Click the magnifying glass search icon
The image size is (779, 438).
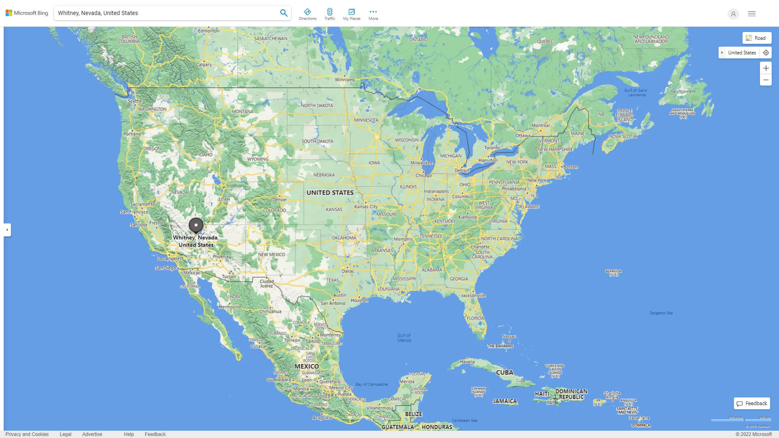[x=284, y=13]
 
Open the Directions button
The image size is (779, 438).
[x=308, y=14]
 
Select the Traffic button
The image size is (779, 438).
[x=330, y=14]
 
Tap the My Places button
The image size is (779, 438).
[x=351, y=14]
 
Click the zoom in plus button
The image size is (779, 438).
[x=766, y=68]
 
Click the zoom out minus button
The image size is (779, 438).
[x=766, y=80]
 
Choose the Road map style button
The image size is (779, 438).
[x=757, y=38]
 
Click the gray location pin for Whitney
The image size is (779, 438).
[x=196, y=225]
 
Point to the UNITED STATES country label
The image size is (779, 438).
[x=330, y=193]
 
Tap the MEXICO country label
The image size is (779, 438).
[x=306, y=366]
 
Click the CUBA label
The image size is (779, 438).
[x=505, y=372]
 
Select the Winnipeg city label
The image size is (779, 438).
[x=344, y=79]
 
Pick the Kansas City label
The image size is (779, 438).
[x=366, y=206]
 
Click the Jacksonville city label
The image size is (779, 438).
[x=473, y=296]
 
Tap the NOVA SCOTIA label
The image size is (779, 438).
[x=622, y=136]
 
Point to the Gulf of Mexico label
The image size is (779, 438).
[x=404, y=337]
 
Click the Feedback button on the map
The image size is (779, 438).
[x=752, y=404]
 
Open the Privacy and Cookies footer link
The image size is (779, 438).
[x=27, y=434]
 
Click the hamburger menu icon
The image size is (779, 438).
[x=752, y=14]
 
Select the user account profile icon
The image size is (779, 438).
[x=733, y=14]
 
